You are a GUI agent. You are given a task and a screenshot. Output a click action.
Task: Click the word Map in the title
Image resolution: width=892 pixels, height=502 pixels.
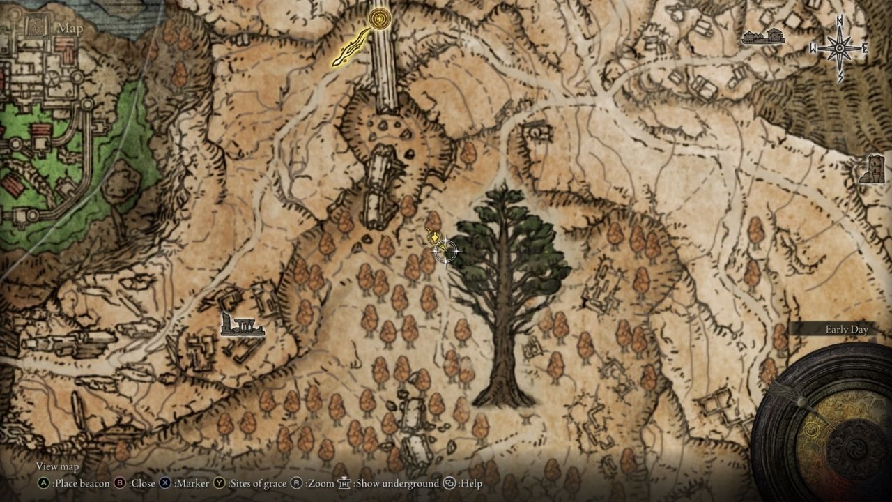(x=70, y=29)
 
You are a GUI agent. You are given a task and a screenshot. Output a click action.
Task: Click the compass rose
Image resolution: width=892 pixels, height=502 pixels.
(x=839, y=48)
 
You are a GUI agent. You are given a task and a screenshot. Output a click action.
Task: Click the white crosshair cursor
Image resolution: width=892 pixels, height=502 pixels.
(x=445, y=251)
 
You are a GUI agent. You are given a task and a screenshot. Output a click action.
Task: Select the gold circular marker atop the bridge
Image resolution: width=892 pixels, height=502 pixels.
(x=380, y=17)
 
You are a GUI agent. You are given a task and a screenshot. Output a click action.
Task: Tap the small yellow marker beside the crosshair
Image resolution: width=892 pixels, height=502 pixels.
(x=433, y=238)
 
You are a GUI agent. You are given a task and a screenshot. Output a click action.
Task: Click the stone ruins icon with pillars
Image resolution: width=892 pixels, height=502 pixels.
(x=242, y=325)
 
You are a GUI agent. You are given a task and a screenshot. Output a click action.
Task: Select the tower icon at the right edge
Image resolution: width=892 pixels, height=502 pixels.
(x=872, y=169)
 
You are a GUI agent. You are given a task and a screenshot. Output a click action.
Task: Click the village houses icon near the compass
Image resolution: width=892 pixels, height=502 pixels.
(x=763, y=37)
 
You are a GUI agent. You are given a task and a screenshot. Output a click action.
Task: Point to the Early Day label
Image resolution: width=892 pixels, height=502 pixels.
(x=847, y=330)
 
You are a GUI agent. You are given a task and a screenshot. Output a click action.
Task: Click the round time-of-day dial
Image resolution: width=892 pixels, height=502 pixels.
(x=829, y=425)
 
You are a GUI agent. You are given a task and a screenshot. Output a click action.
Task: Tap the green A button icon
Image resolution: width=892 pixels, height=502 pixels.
(x=44, y=482)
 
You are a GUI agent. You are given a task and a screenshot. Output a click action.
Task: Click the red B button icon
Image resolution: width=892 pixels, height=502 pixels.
(x=119, y=482)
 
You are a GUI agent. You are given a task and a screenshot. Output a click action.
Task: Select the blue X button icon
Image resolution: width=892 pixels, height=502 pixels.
(x=165, y=482)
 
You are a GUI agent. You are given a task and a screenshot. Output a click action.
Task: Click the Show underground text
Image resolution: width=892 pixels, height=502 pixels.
(x=397, y=482)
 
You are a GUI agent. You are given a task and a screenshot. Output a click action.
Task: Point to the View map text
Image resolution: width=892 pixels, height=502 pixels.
(x=57, y=466)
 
